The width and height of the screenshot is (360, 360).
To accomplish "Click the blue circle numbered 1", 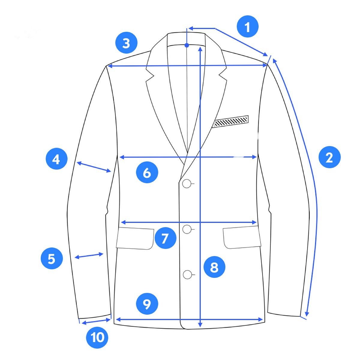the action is click(247, 26).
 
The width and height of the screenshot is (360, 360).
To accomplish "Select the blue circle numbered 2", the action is click(329, 157).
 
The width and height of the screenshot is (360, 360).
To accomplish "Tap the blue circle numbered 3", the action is click(126, 43).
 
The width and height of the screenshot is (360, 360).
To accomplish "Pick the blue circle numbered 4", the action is click(57, 159).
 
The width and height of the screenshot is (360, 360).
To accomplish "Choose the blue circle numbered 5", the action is click(52, 258).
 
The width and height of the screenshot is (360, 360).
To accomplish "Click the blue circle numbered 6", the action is click(147, 172).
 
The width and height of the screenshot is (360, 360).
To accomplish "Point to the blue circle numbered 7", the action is click(165, 238).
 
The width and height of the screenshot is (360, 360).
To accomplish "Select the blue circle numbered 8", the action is click(214, 267).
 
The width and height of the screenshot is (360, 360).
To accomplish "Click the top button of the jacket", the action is click(186, 184).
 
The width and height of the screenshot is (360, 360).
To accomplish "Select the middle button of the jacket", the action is click(187, 229).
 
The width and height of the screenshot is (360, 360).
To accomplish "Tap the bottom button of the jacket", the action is click(187, 274).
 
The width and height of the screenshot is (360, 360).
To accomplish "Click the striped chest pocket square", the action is click(231, 121).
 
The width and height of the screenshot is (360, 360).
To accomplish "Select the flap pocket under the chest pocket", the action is click(242, 237).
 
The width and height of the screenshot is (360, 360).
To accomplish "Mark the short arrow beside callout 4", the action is click(94, 166).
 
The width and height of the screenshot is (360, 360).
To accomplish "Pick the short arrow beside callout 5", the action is click(89, 256).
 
